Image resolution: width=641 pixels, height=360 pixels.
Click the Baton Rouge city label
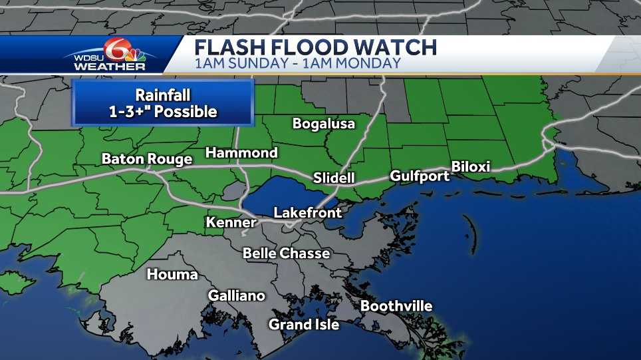pos(147,159)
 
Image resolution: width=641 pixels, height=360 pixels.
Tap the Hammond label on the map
pos(241,153)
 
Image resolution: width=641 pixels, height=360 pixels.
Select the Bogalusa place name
pos(324,124)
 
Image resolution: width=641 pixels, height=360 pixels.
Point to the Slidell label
pos(334,178)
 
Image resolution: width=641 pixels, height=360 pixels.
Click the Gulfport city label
pos(420,176)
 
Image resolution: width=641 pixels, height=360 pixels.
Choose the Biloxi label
pos(470,166)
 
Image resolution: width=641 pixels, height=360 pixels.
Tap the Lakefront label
pos(308,213)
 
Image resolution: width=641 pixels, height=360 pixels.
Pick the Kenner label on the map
pos(231,222)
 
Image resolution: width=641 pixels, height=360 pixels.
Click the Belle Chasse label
pos(286,254)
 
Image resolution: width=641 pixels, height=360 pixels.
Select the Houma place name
pos(172,274)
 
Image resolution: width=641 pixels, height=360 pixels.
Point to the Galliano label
pos(237,295)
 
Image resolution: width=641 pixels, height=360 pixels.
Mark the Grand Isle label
pos(304,325)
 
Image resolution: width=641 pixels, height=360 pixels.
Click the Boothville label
pos(396,306)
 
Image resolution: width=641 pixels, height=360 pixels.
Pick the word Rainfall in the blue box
pos(163,95)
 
